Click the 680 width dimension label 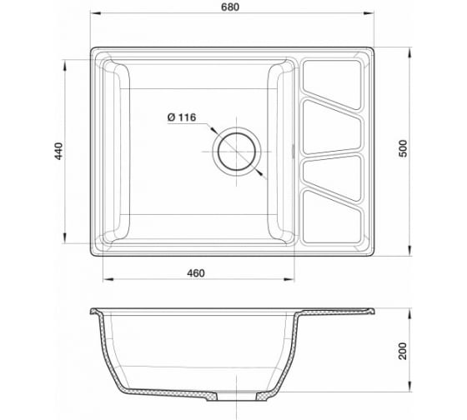click(230, 7)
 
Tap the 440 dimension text click(59, 151)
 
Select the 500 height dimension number click(402, 148)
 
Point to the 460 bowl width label click(196, 273)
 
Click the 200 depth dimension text click(402, 351)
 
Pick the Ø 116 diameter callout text click(182, 117)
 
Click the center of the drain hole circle click(237, 152)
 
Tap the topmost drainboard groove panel click(333, 84)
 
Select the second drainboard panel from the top click(333, 127)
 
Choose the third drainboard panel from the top click(333, 177)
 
